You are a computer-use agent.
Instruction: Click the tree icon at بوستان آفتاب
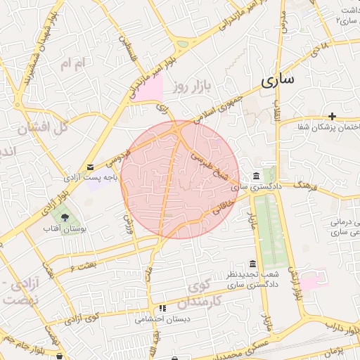click(x=65, y=216)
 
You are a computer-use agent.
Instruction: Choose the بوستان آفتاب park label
click(x=64, y=229)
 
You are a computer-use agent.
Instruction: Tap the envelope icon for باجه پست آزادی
click(x=90, y=167)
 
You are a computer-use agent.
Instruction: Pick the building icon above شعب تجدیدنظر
click(x=253, y=263)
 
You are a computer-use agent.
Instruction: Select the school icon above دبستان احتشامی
click(x=162, y=308)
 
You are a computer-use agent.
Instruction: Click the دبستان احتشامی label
click(x=162, y=319)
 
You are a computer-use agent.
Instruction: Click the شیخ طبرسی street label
click(x=215, y=165)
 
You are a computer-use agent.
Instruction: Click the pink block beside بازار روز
click(x=147, y=89)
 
